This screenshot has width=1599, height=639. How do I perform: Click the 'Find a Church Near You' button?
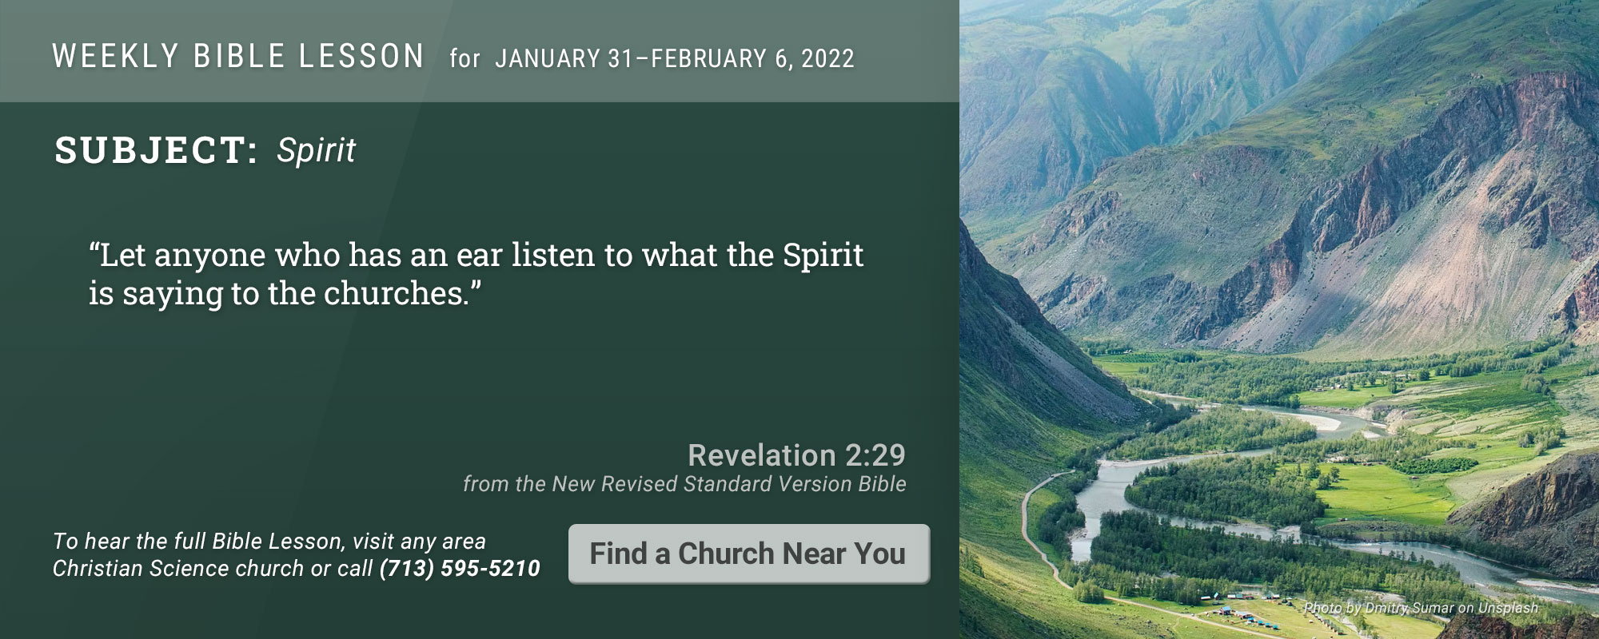click(749, 554)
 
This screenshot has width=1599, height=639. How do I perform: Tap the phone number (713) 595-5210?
click(460, 569)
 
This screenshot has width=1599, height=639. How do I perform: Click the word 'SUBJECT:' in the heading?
click(156, 150)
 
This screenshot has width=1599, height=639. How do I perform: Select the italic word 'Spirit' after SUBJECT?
click(316, 151)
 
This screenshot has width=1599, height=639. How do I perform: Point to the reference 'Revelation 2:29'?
click(796, 455)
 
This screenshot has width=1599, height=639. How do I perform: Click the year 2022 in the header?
click(827, 58)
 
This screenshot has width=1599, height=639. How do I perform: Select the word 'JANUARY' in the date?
click(548, 58)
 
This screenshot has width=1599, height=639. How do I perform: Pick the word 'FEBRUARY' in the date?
click(709, 58)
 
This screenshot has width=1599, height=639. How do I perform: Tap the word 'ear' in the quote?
click(480, 256)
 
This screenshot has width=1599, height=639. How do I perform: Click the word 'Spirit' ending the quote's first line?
click(823, 256)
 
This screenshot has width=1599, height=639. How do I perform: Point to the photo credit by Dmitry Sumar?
click(1421, 608)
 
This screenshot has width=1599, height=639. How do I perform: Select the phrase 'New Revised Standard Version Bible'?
click(729, 484)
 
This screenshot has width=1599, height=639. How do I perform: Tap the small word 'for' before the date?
click(465, 58)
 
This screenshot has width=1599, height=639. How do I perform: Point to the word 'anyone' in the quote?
click(209, 257)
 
